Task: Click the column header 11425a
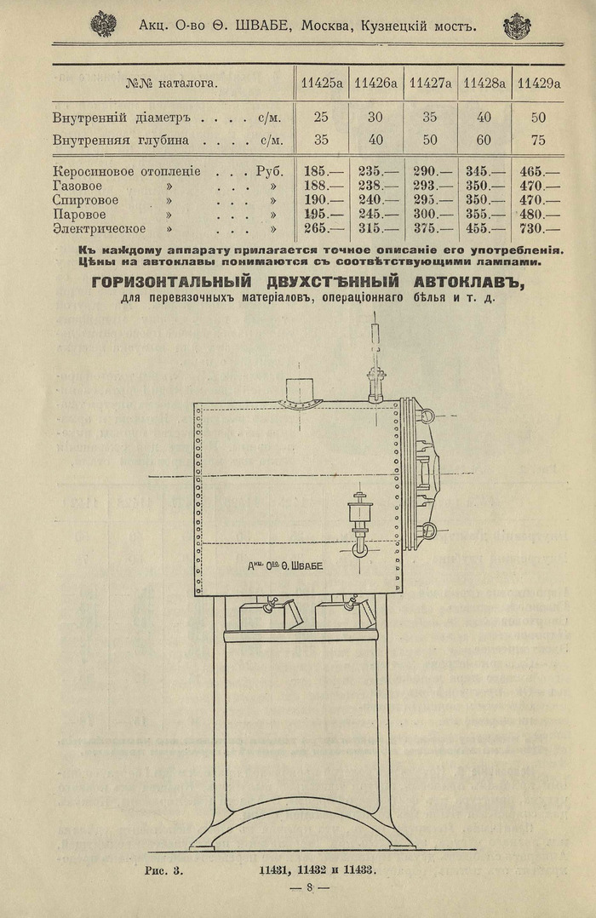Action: pyautogui.click(x=322, y=83)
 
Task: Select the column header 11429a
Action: pyautogui.click(x=540, y=83)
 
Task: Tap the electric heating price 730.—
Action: pyautogui.click(x=540, y=228)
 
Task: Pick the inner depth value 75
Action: pyautogui.click(x=538, y=140)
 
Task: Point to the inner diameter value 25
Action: pyautogui.click(x=321, y=117)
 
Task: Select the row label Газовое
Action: pyautogui.click(x=81, y=186)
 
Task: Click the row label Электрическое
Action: pyautogui.click(x=99, y=228)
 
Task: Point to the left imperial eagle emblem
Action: pyautogui.click(x=103, y=24)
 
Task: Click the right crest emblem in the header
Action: pyautogui.click(x=516, y=26)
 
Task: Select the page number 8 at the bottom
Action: pyautogui.click(x=311, y=887)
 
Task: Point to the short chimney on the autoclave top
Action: pyautogui.click(x=301, y=390)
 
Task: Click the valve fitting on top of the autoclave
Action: pyautogui.click(x=375, y=378)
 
